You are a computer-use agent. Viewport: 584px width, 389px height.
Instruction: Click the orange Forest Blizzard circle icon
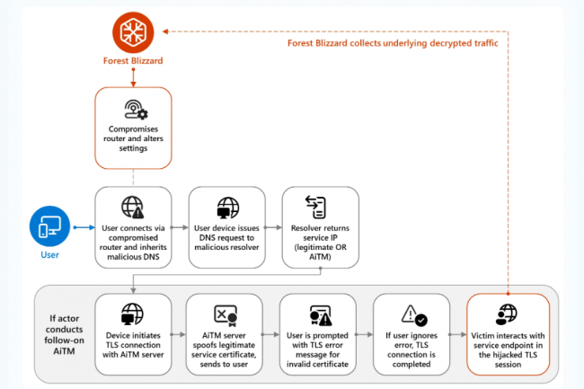133,32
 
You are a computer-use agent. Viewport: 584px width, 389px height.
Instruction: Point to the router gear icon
133,110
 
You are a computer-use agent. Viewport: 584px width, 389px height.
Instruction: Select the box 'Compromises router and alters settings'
133,128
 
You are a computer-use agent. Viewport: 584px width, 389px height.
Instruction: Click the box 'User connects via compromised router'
133,227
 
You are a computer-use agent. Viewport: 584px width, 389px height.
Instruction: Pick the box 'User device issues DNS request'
226,227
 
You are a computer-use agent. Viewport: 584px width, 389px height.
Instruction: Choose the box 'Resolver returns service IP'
320,227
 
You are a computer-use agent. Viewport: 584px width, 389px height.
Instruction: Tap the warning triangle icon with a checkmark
413,314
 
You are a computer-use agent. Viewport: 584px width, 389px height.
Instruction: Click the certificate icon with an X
226,314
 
